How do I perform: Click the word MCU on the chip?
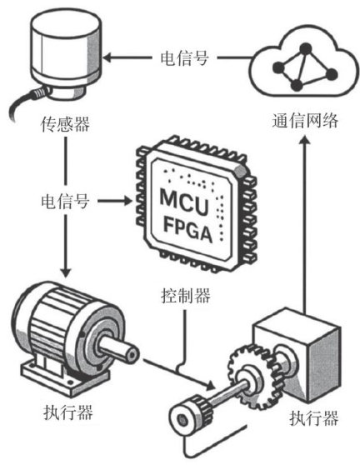[184, 202]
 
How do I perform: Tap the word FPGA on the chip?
[188, 231]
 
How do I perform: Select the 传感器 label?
[65, 124]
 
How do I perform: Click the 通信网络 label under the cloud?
[305, 120]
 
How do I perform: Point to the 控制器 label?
[186, 295]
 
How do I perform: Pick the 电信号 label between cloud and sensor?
[184, 57]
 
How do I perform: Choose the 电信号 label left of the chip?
[65, 202]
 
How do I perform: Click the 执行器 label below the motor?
[68, 412]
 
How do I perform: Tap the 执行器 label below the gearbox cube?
[313, 417]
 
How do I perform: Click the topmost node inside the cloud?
[306, 48]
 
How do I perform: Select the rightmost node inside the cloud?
[332, 74]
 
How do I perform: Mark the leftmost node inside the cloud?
[278, 67]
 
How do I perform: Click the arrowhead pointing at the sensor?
[107, 57]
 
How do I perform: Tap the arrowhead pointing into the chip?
[127, 201]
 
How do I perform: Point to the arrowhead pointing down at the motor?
[66, 272]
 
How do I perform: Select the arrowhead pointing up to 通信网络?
[304, 139]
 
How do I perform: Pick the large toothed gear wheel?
[252, 376]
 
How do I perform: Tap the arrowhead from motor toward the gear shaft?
[210, 386]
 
